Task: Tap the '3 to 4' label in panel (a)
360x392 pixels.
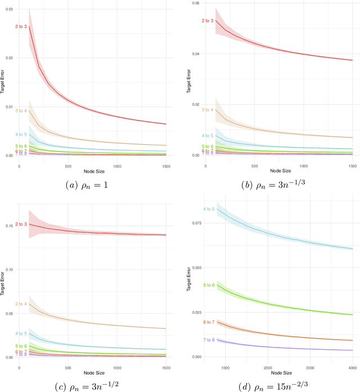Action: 21,110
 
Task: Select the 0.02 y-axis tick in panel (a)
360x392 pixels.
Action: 8,58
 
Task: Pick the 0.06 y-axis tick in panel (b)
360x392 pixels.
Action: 195,3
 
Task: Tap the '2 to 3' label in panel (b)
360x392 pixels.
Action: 208,21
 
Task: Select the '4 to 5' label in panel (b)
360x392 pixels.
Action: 208,136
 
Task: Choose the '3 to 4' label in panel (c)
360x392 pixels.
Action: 21,304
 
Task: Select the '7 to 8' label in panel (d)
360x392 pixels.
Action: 208,340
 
